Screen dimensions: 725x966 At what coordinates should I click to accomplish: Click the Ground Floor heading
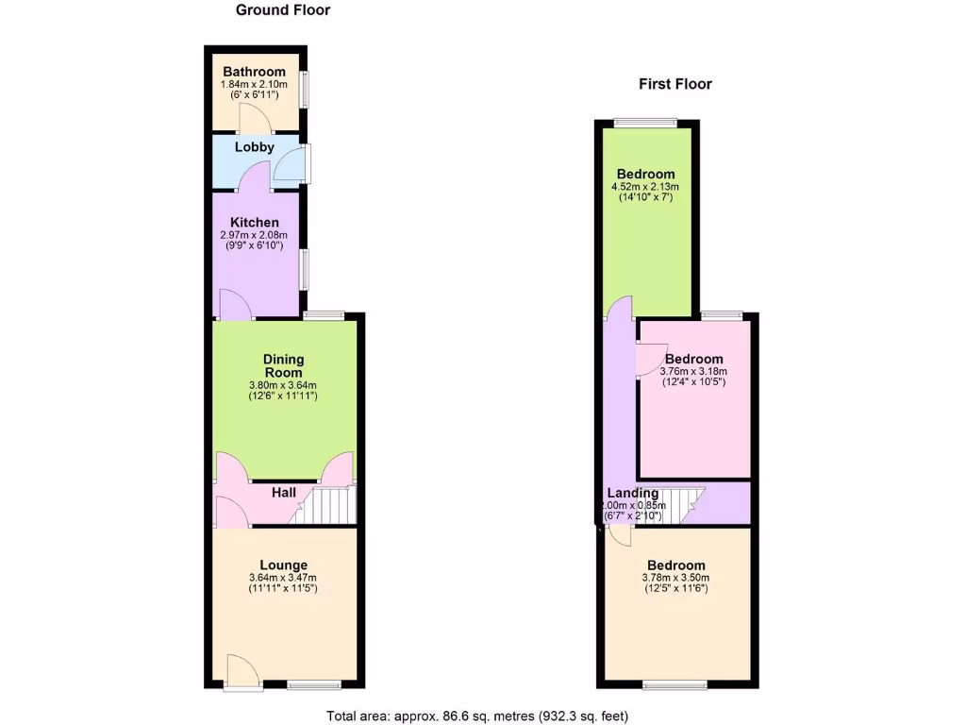click(282, 10)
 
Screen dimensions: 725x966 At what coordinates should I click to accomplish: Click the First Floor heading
click(675, 84)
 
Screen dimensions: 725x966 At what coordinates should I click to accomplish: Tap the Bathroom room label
click(254, 72)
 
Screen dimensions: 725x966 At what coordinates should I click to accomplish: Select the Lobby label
click(255, 147)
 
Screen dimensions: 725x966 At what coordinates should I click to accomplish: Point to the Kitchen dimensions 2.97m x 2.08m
click(253, 236)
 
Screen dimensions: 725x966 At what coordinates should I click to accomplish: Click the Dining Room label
click(283, 365)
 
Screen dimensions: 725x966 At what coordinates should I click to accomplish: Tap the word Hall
click(284, 493)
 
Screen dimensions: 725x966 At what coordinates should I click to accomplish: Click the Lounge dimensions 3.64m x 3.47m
click(283, 578)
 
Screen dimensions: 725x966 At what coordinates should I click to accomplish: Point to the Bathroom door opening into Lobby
click(254, 120)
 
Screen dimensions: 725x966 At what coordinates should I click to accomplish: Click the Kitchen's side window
click(304, 269)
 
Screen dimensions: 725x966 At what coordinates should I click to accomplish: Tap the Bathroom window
click(304, 89)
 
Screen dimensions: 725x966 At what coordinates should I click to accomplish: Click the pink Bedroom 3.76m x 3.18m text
click(694, 359)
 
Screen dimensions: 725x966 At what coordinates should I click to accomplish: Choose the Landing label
click(632, 493)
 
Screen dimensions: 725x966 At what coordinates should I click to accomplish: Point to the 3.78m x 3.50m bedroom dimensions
click(675, 578)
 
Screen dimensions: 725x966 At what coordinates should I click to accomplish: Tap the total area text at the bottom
click(476, 715)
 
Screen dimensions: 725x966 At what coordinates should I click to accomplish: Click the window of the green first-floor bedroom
click(644, 122)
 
